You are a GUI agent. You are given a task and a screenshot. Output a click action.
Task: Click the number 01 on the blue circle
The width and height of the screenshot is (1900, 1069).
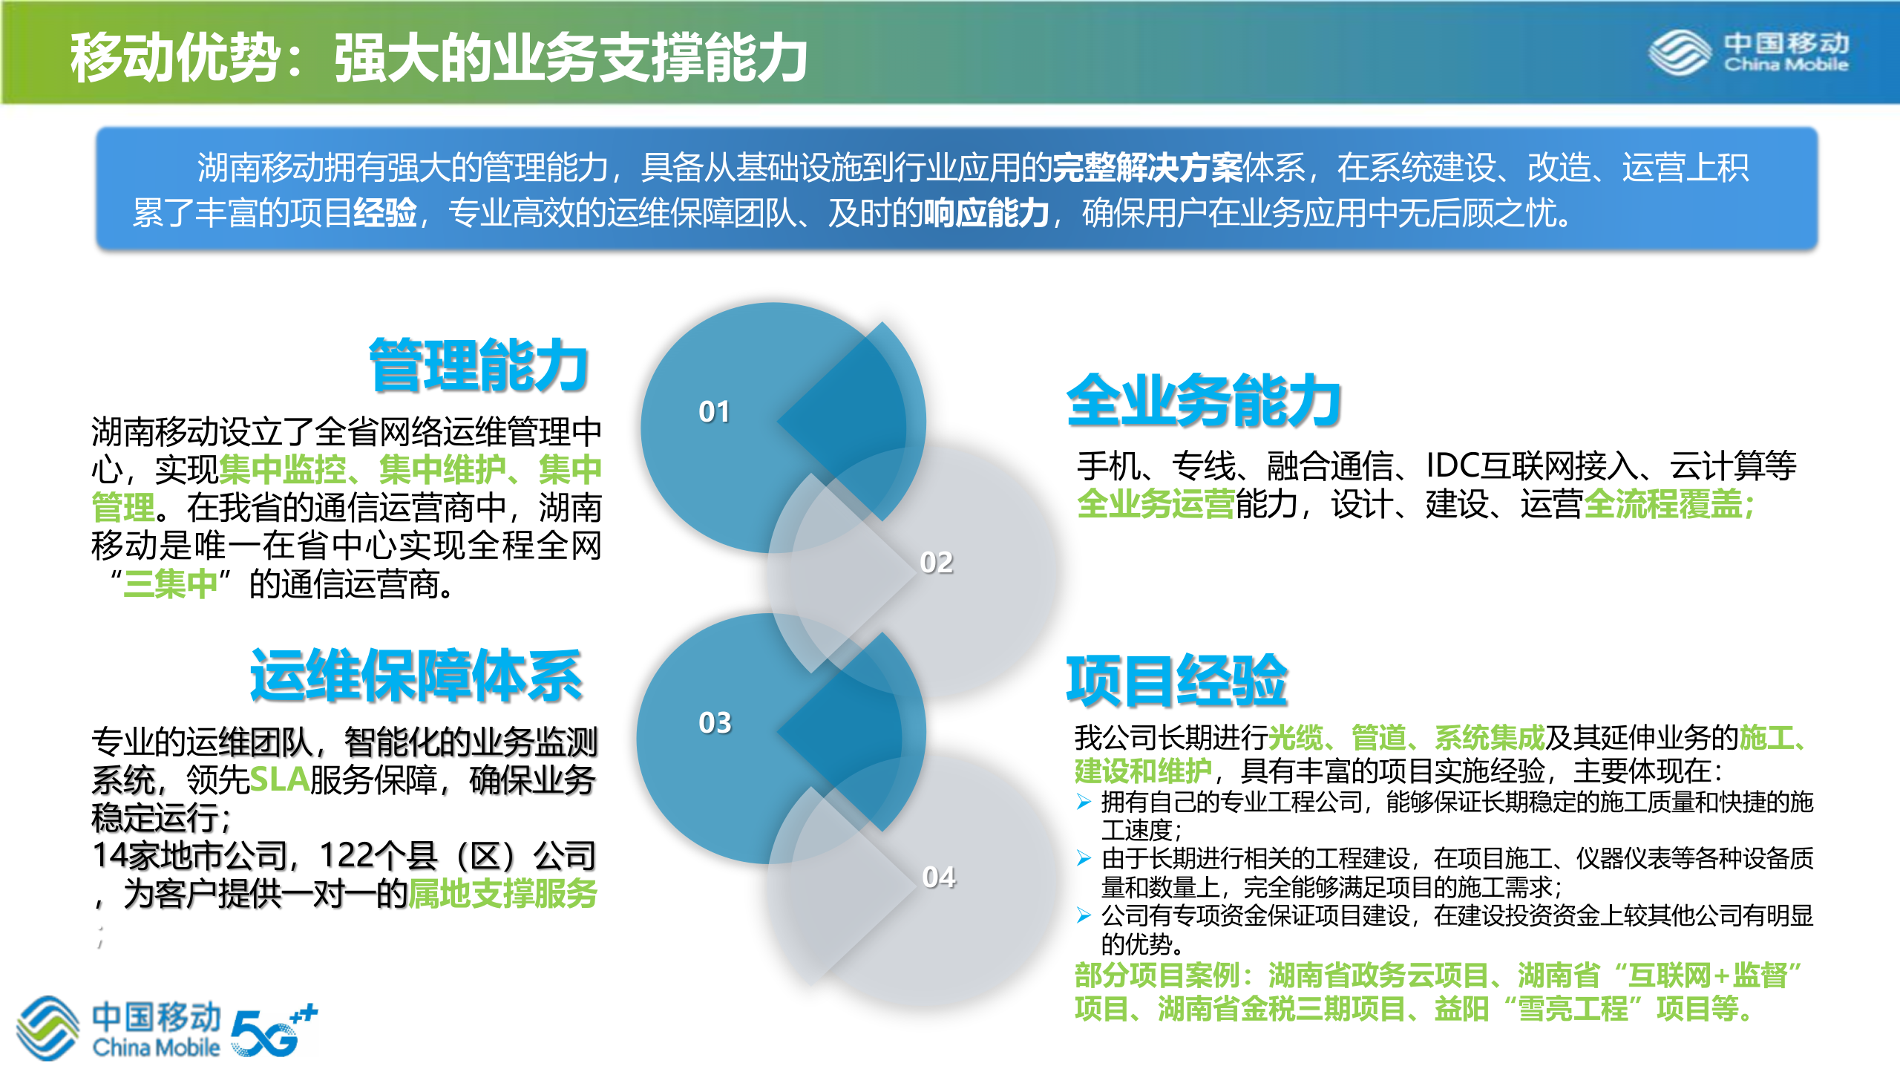(714, 412)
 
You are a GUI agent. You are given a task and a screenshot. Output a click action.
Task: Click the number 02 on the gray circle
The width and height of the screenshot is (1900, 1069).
(936, 563)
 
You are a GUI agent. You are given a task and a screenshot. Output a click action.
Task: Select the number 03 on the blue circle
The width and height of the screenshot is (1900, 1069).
(715, 723)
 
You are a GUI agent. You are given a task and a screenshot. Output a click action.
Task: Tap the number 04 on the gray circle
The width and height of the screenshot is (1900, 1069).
(938, 877)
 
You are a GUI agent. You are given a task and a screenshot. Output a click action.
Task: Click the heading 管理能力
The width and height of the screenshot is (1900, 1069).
(479, 364)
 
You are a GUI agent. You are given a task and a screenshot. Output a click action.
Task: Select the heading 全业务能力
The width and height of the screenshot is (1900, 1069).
(1202, 400)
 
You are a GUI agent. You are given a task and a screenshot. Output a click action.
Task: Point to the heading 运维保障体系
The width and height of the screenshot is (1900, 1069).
(416, 676)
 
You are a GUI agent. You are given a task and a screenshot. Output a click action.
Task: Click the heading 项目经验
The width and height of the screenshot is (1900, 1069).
(1176, 680)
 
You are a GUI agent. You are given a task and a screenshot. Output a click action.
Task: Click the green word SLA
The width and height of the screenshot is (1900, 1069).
(279, 779)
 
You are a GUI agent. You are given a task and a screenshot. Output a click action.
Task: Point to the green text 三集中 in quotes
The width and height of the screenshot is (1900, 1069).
(170, 584)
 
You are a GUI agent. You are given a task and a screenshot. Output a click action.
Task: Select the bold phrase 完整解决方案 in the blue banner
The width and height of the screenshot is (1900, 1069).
(1147, 168)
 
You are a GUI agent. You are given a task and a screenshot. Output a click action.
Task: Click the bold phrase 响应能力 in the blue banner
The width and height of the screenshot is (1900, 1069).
(986, 214)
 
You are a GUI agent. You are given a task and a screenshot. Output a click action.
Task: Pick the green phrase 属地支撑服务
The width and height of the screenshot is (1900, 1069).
(502, 894)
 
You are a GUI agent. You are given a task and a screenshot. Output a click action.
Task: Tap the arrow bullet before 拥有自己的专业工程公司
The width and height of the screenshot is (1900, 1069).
(1084, 802)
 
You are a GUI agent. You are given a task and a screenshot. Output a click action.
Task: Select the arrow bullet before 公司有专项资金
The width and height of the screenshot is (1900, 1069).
(1084, 916)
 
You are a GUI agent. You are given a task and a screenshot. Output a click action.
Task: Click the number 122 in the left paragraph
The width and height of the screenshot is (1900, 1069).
(347, 856)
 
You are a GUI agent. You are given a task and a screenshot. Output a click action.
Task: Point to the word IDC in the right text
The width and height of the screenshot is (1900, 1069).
(1452, 466)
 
